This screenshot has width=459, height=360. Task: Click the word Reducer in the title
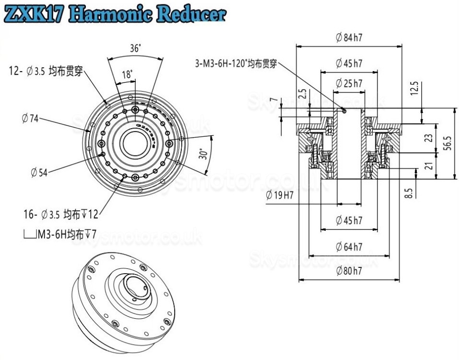click(x=191, y=14)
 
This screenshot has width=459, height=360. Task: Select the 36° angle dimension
click(x=135, y=48)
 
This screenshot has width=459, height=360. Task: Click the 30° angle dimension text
click(x=203, y=154)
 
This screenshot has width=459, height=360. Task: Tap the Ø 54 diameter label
click(x=39, y=171)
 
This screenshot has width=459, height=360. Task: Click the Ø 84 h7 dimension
click(x=349, y=38)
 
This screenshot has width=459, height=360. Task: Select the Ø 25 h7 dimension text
click(x=349, y=84)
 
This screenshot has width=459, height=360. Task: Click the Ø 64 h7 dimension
click(x=349, y=247)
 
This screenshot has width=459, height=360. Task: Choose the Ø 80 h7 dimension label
click(x=349, y=271)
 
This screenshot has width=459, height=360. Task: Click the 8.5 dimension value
click(x=409, y=193)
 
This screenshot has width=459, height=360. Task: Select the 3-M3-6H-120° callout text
click(x=236, y=63)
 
